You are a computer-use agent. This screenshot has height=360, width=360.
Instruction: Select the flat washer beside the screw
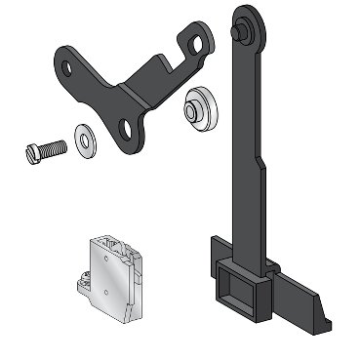[85, 140]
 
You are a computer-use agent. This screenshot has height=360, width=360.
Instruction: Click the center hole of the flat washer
[85, 140]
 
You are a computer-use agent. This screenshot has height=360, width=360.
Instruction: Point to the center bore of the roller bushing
[192, 108]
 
